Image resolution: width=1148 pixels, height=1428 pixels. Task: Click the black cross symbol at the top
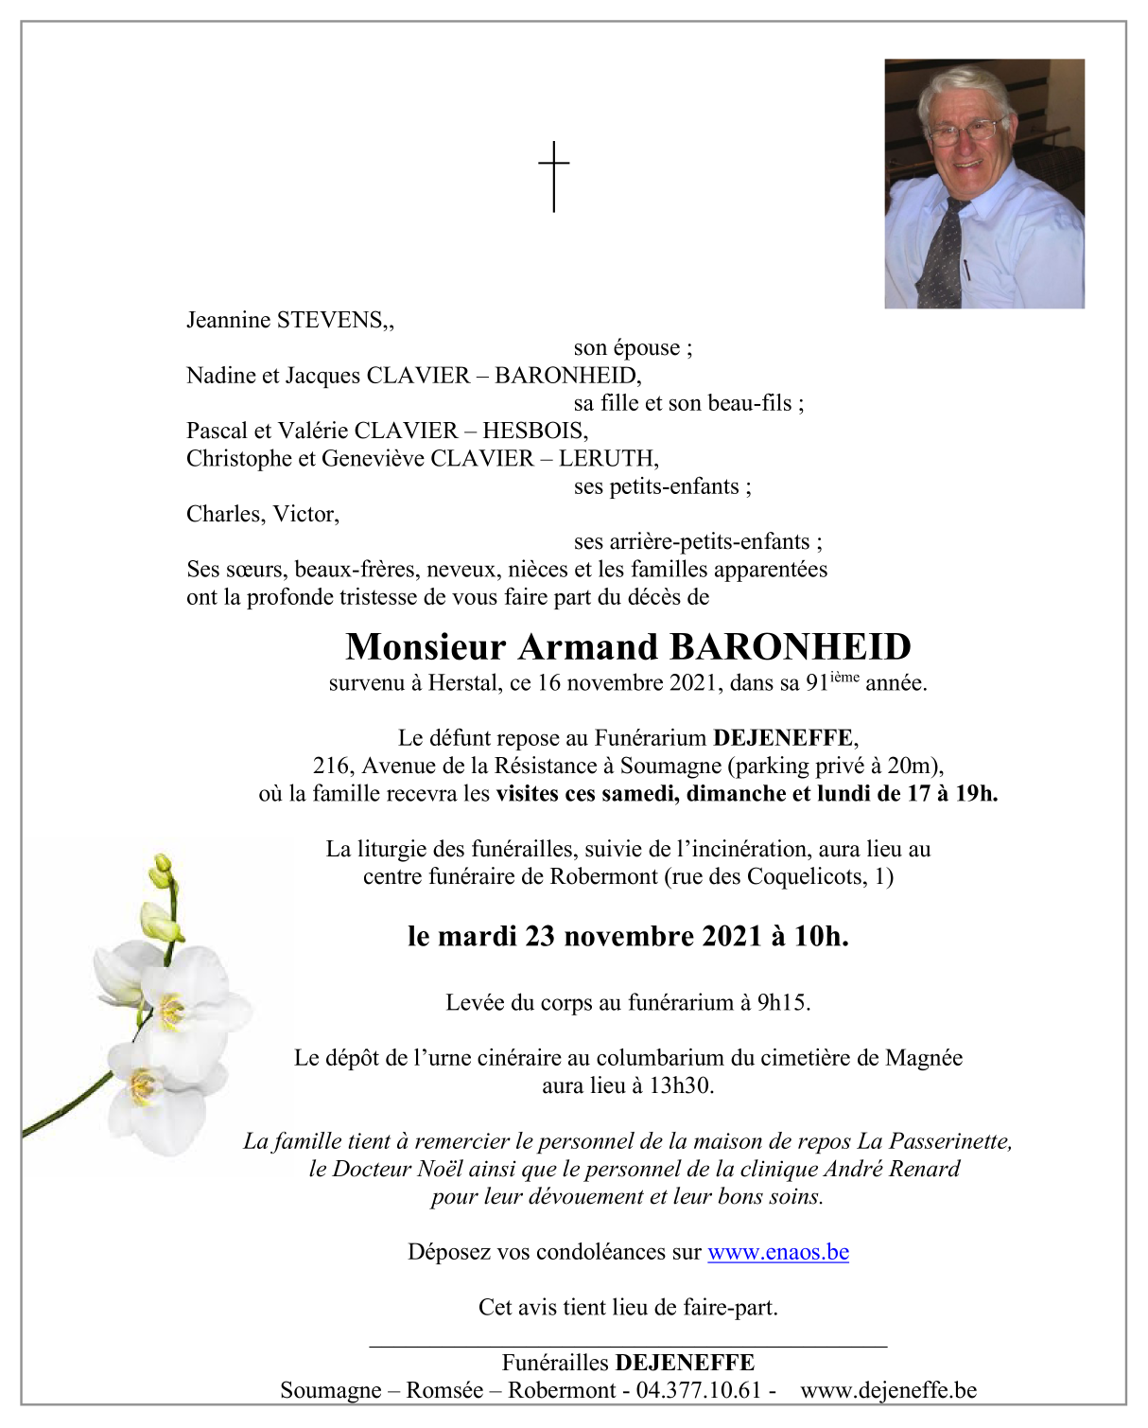pyautogui.click(x=554, y=176)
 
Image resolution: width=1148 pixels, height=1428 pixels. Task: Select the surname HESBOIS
pyautogui.click(x=534, y=431)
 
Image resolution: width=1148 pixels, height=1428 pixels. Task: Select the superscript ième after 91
pyautogui.click(x=844, y=677)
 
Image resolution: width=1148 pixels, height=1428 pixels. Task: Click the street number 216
pyautogui.click(x=331, y=766)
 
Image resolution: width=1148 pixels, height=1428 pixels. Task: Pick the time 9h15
pyautogui.click(x=783, y=1002)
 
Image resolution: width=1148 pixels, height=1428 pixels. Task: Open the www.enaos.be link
pyautogui.click(x=777, y=1252)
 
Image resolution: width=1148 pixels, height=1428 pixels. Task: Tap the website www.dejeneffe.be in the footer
pyautogui.click(x=888, y=1390)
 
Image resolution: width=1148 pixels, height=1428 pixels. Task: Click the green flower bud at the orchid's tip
pyautogui.click(x=163, y=865)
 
